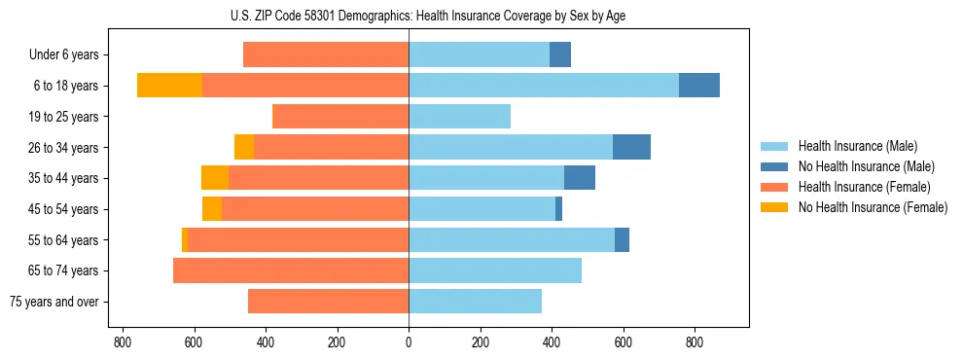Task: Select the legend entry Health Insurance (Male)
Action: coord(857,146)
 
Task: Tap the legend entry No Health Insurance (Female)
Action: coord(873,207)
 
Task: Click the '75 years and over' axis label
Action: coord(53,302)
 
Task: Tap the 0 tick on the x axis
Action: coord(409,343)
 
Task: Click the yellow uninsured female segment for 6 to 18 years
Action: coord(169,86)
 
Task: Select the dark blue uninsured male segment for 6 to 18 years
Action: coord(699,86)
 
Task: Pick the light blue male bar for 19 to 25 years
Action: coord(459,117)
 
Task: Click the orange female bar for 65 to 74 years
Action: coord(291,270)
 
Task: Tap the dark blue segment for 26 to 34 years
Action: coord(631,147)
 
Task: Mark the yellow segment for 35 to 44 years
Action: coord(215,178)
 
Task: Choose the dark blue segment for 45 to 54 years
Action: coord(558,209)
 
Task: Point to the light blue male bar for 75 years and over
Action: coord(475,302)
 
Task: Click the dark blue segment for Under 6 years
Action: coord(560,54)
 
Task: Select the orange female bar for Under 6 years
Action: coord(326,54)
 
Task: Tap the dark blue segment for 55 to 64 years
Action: coord(622,239)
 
